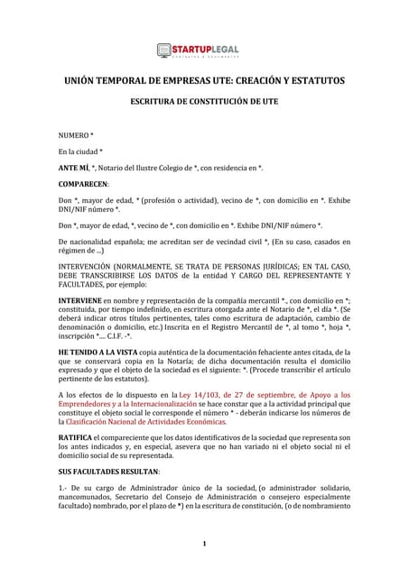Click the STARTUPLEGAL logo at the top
coord(204,50)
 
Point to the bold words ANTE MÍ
coord(76,168)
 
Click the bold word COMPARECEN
coord(82,184)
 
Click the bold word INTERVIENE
coord(79,298)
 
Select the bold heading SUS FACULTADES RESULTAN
coord(108,472)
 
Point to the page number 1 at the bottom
coord(205,543)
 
